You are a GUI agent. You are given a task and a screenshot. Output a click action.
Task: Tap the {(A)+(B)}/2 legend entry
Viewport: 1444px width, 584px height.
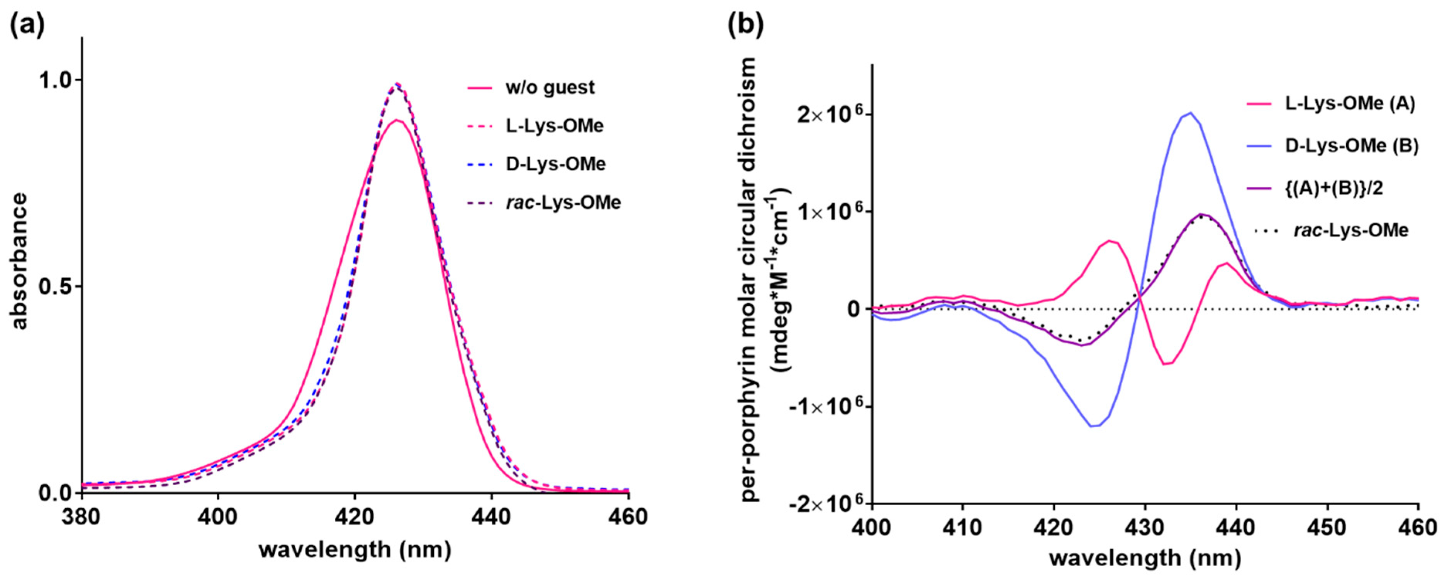1340,188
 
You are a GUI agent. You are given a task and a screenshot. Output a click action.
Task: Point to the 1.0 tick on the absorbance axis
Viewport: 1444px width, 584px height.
56,80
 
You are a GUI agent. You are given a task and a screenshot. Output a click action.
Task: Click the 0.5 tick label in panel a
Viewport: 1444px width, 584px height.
56,287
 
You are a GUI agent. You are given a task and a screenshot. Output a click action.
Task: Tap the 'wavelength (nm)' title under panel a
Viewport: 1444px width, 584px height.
355,549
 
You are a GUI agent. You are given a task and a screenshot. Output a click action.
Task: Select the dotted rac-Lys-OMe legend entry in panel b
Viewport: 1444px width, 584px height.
1351,230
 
